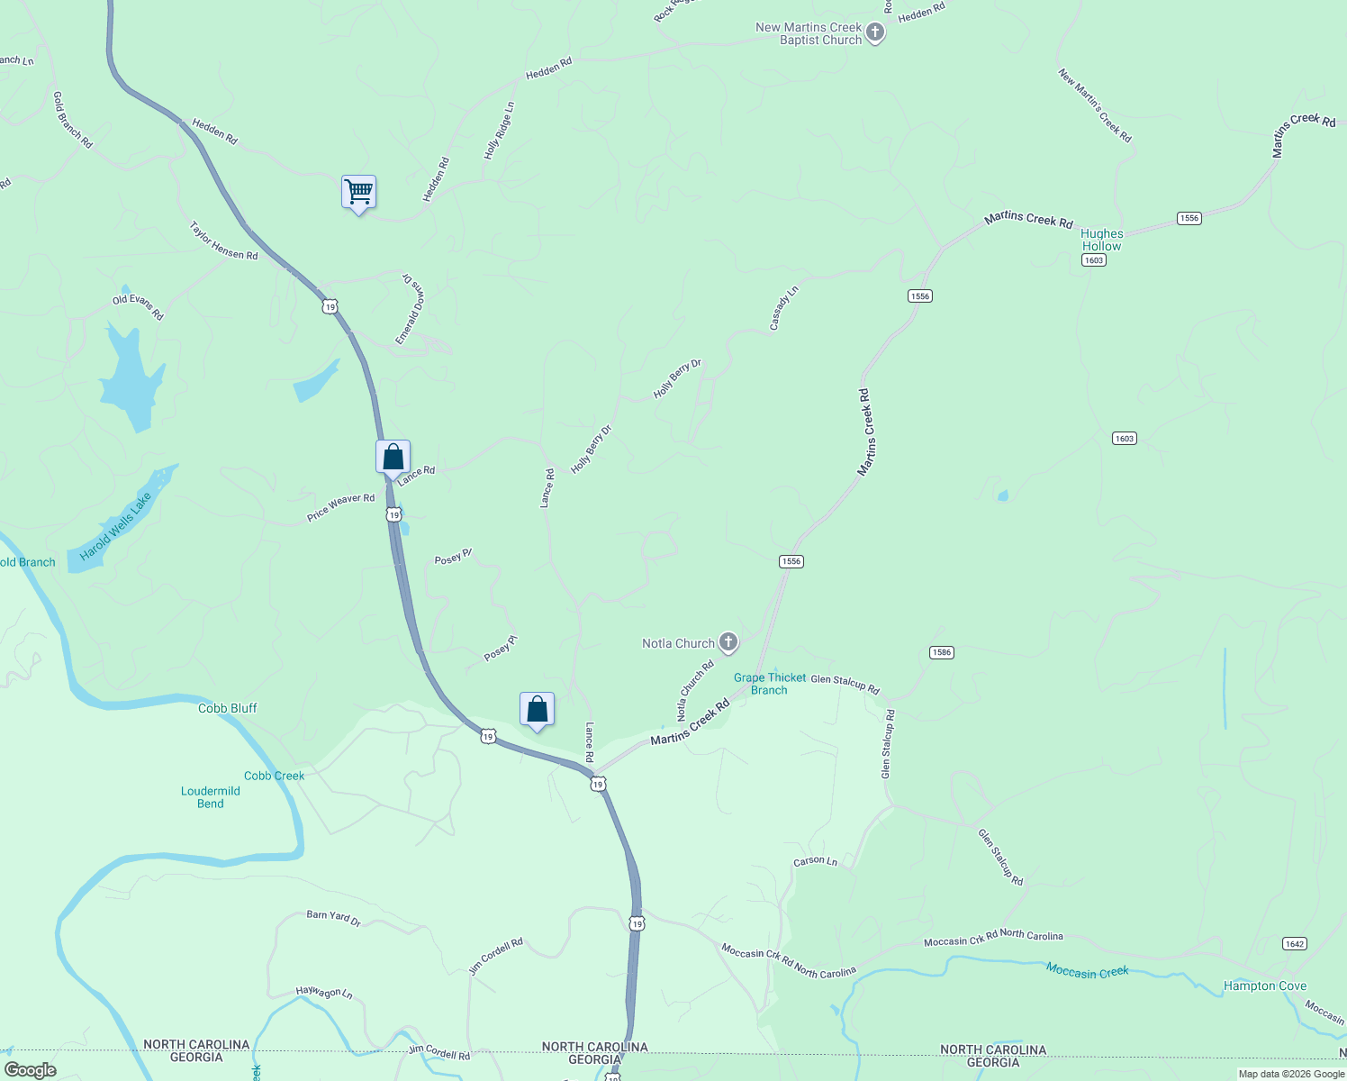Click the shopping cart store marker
358,192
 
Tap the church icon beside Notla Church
728,642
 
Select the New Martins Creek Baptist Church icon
874,33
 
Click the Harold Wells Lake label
115,526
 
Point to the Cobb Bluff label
228,708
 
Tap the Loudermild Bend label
211,797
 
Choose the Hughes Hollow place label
1102,240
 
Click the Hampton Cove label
1264,986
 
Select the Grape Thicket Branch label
770,684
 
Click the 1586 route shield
941,652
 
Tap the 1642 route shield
1294,943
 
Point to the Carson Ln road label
815,861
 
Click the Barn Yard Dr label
333,918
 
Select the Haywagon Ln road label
324,992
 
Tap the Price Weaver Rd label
340,507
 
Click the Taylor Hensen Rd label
223,241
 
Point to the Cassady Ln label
783,308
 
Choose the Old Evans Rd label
138,307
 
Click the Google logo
31,1070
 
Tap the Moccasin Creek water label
1087,971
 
